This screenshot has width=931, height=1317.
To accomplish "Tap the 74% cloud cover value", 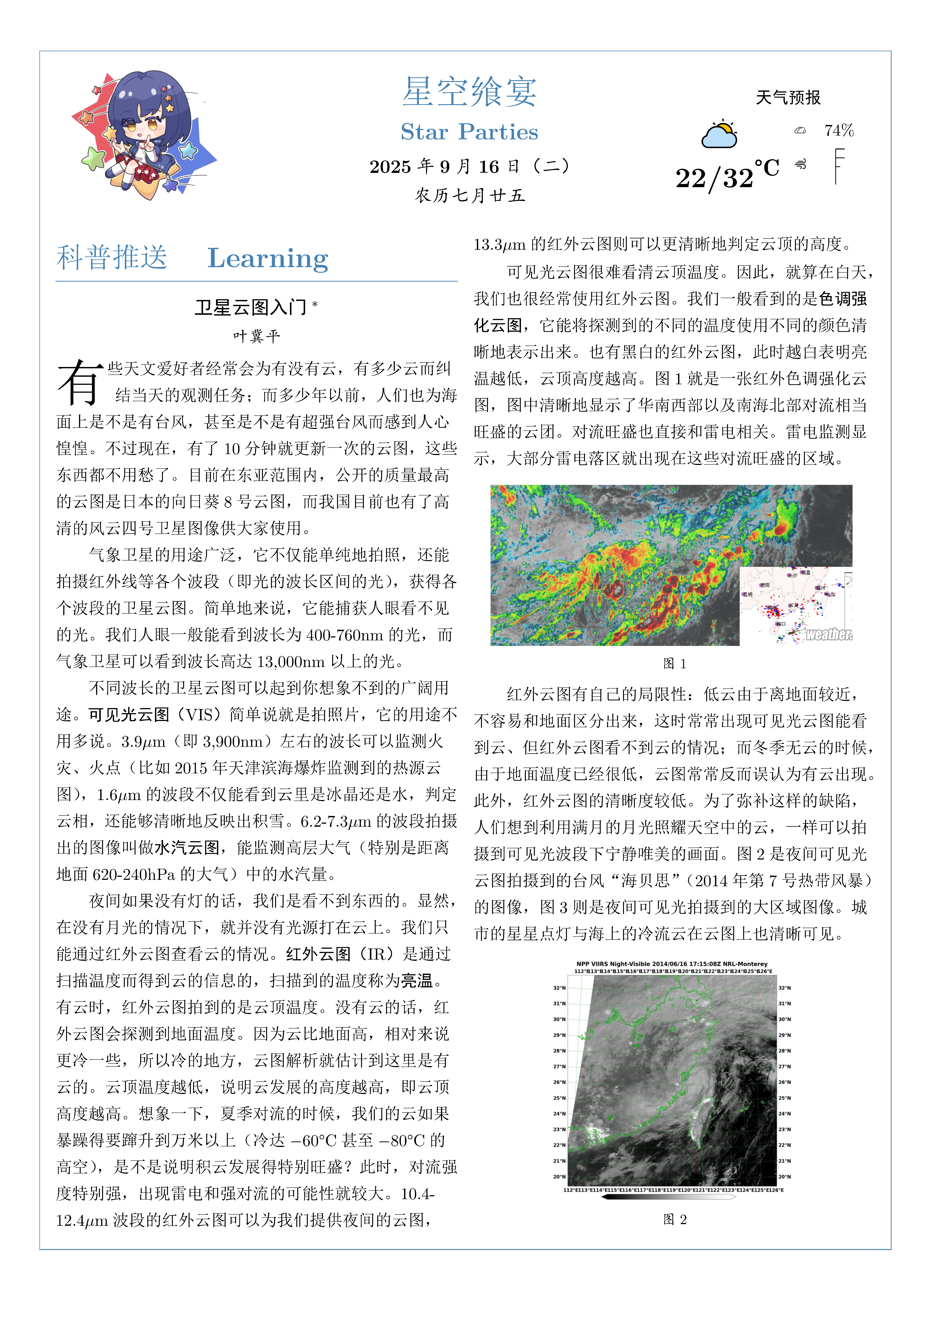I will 839,131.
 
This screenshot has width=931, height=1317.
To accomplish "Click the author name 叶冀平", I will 256,336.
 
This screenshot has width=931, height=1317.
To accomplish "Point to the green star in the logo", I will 93,157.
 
